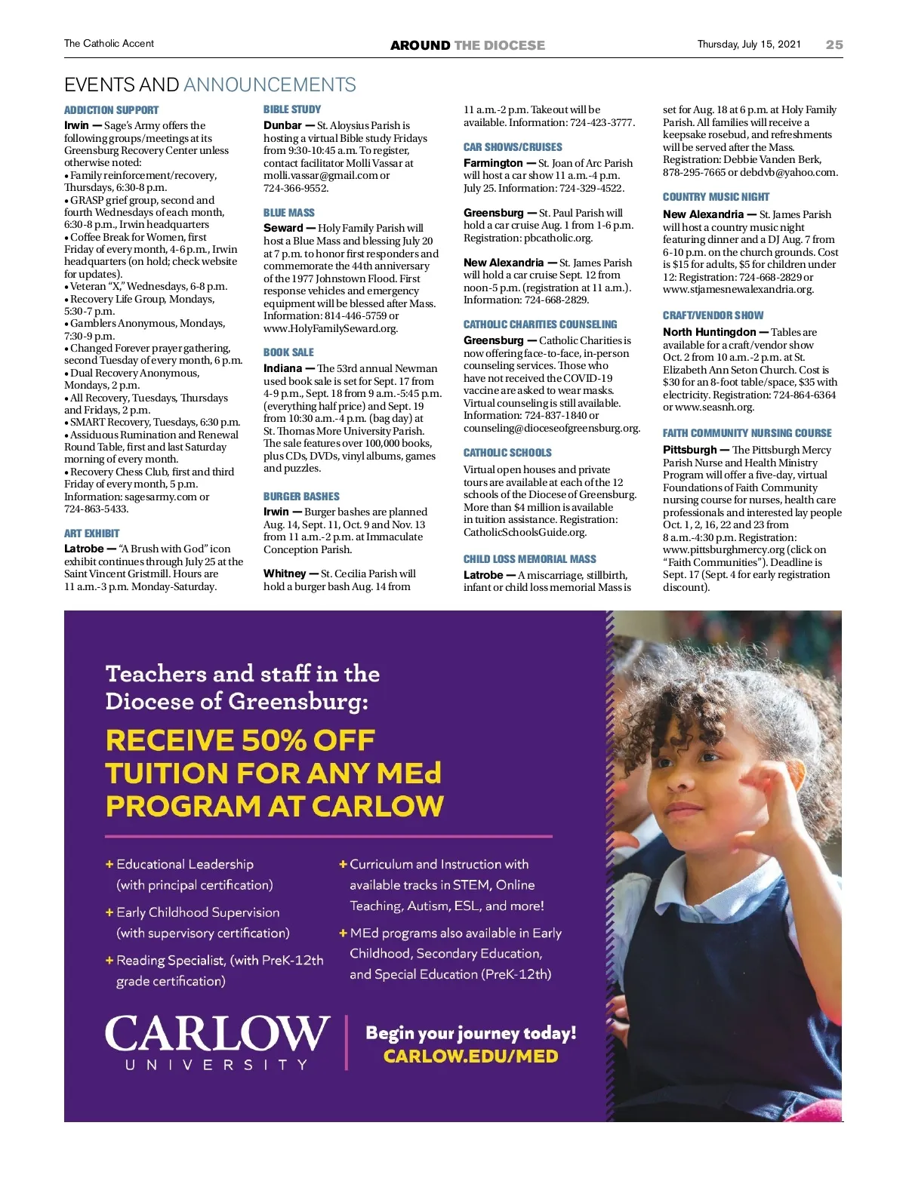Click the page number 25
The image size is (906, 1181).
(834, 45)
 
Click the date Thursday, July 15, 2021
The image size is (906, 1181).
(748, 45)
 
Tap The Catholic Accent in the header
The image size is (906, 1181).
(109, 44)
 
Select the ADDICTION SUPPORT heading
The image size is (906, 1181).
(111, 110)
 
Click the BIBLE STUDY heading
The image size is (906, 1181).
(292, 109)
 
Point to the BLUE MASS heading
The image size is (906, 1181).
(289, 213)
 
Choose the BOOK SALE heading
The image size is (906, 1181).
(288, 352)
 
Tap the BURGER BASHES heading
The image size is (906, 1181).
(301, 497)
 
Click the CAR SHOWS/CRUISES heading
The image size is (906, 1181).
(513, 147)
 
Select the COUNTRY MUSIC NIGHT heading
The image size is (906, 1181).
(716, 197)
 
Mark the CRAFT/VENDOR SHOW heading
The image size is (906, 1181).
(713, 315)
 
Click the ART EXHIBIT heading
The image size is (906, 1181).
(91, 534)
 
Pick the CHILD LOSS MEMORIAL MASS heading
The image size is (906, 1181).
(529, 559)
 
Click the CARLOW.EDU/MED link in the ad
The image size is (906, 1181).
(470, 1056)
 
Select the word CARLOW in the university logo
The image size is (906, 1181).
(217, 1033)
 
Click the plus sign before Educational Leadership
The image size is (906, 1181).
(109, 864)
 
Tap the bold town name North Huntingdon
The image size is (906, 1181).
(709, 332)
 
